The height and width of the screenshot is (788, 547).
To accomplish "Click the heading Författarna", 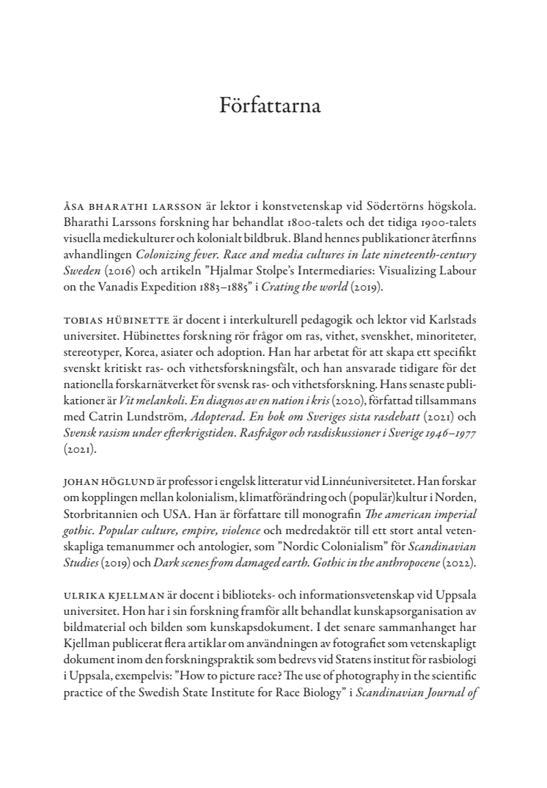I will click(271, 106).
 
